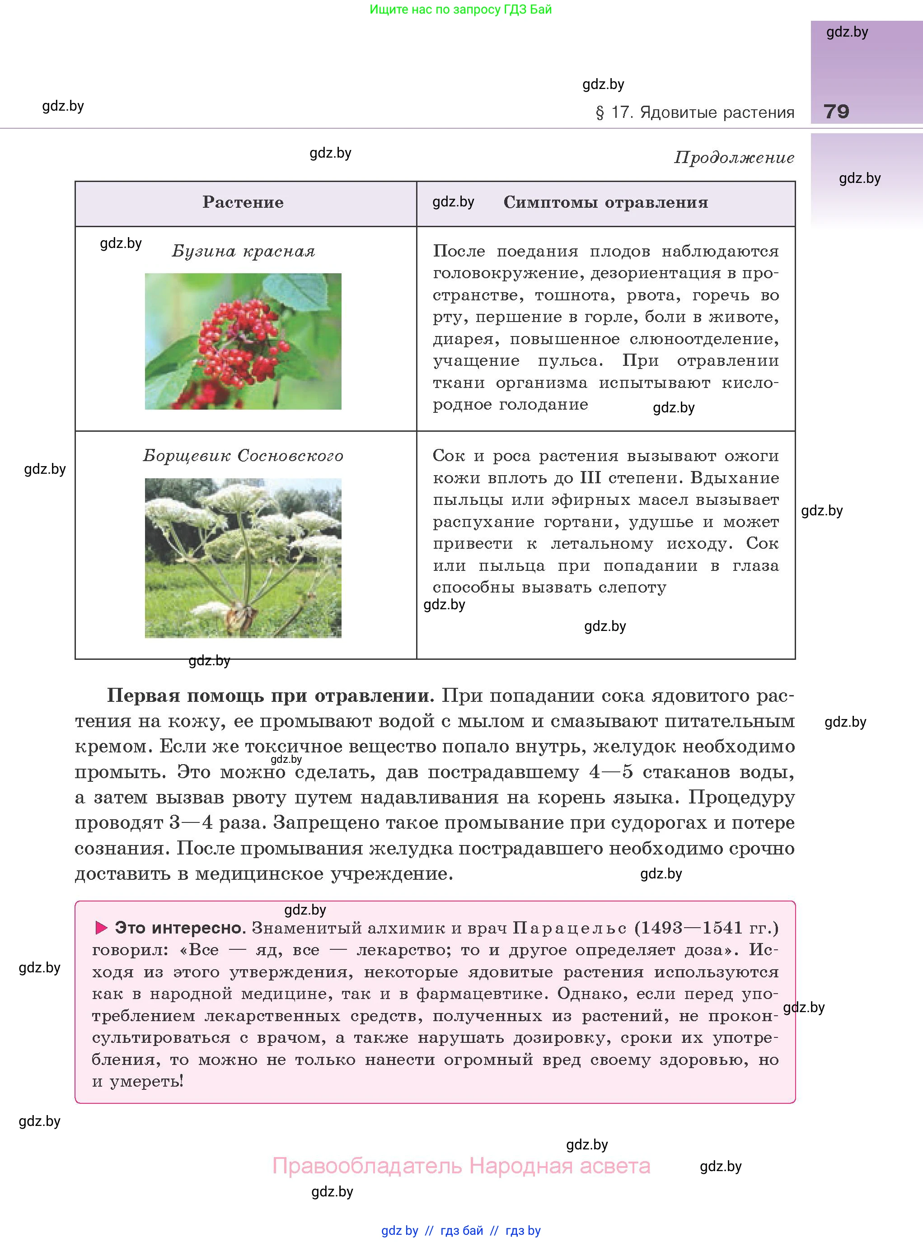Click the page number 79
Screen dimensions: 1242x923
[x=836, y=112]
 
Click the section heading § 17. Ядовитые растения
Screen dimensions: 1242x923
[x=694, y=112]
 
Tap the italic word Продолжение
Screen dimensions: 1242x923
[x=734, y=158]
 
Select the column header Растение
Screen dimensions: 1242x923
[x=243, y=202]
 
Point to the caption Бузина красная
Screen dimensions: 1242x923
[x=243, y=251]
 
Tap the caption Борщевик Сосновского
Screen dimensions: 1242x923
[x=243, y=456]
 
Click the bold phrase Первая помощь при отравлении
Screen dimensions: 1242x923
[x=270, y=696]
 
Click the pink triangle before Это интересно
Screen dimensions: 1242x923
[x=101, y=928]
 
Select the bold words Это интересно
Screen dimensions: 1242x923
[x=180, y=928]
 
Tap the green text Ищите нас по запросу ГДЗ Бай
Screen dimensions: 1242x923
[x=460, y=9]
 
